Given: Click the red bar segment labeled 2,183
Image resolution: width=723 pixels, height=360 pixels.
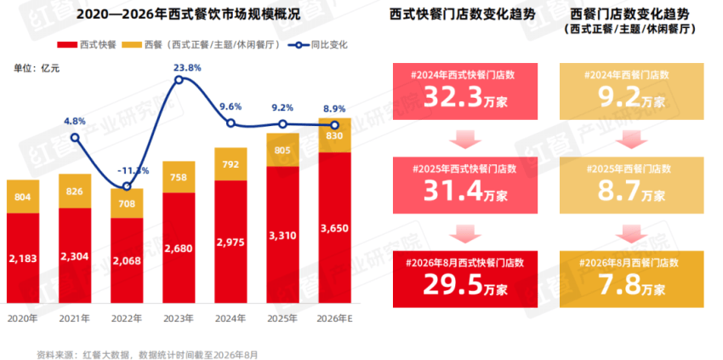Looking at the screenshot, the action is click(23, 258).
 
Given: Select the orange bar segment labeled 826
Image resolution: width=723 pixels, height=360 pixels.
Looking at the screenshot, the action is click(75, 191).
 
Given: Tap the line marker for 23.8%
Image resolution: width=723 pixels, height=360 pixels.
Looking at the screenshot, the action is click(179, 80).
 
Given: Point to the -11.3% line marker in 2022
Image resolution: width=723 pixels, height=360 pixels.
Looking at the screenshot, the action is click(127, 186).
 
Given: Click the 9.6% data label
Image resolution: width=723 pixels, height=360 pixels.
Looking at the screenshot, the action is click(231, 106).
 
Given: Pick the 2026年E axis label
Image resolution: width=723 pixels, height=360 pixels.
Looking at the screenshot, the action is click(335, 318).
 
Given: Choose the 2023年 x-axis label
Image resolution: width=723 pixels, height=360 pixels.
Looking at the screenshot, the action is click(179, 318).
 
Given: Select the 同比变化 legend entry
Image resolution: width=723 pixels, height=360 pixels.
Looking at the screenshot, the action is click(318, 45).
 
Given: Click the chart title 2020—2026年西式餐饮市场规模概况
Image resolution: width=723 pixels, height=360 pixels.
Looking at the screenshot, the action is click(188, 14).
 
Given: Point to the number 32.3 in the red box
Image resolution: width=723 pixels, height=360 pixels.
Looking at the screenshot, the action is click(453, 96).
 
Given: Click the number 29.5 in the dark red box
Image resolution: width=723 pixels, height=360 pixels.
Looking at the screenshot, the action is click(453, 285).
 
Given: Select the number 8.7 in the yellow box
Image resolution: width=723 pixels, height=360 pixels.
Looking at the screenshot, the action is click(618, 190).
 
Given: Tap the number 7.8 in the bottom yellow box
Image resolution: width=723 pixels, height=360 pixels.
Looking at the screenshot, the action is click(618, 285).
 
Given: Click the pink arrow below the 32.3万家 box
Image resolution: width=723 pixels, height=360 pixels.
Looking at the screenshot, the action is click(465, 140).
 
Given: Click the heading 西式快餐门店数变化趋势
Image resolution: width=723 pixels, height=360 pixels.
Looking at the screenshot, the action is click(463, 14).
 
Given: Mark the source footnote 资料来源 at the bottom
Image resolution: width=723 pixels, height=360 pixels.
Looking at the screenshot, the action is click(147, 354).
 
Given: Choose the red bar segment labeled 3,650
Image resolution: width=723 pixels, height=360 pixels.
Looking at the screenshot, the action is click(335, 227).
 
